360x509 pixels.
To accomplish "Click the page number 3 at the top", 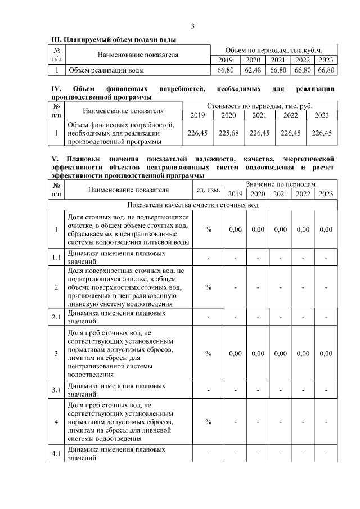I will point(192,26).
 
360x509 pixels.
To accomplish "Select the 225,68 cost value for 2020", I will point(228,133).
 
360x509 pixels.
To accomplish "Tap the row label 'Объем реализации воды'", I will point(105,71).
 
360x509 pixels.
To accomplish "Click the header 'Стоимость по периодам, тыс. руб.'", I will point(260,105).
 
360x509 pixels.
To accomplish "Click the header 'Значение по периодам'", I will point(280,184).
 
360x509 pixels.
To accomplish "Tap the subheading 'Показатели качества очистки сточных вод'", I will point(193,205).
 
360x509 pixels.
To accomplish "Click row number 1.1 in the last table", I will point(56,258).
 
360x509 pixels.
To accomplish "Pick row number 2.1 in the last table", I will point(56,317).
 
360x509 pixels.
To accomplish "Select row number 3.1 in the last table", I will point(56,390).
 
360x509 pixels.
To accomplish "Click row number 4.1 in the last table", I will point(56,453).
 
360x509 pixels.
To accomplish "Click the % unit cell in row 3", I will point(208,353).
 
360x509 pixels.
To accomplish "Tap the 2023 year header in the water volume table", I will point(326,60).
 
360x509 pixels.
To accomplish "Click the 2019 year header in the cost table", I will point(197,115).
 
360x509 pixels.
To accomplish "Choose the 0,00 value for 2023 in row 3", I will point(326,353).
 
